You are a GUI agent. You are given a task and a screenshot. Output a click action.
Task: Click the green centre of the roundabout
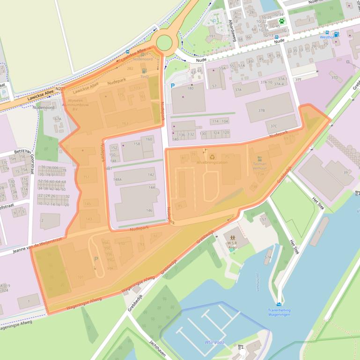[164, 43]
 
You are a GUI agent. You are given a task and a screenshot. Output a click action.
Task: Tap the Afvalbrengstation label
[212, 162]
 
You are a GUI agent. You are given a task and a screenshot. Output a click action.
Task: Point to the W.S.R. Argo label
[233, 244]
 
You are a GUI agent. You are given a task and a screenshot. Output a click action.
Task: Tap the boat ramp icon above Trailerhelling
[279, 304]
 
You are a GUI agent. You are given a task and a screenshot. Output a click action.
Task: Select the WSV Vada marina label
[213, 342]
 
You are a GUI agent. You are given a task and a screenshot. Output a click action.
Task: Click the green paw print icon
[281, 21]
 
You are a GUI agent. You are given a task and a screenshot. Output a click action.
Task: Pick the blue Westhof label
[327, 36]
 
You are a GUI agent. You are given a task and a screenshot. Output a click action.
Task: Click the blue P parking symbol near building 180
[172, 86]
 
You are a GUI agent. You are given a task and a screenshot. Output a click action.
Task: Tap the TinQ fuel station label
[144, 76]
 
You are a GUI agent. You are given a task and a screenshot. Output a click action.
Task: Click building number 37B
[262, 110]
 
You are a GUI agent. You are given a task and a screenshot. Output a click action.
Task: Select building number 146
[149, 210]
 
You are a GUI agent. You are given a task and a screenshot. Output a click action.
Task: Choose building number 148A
[117, 179]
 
